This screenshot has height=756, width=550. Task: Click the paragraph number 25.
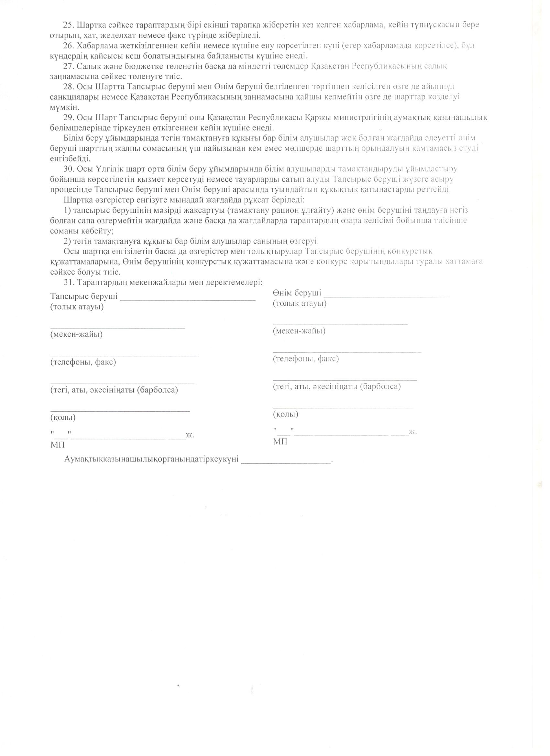(x=70, y=25)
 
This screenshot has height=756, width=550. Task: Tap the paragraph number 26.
(x=70, y=46)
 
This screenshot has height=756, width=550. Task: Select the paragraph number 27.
(x=70, y=66)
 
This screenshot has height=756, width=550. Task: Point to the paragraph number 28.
(x=70, y=87)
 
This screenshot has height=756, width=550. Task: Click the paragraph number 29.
(x=70, y=118)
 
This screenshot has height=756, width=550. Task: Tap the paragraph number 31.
(x=70, y=282)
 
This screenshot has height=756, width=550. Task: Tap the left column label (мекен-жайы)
(x=76, y=334)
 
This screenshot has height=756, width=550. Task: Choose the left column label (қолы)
(x=63, y=417)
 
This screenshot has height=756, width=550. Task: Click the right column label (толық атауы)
(x=300, y=303)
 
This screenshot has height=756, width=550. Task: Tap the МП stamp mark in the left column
(x=58, y=445)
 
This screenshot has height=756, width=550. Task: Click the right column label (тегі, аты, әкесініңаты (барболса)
(x=336, y=387)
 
